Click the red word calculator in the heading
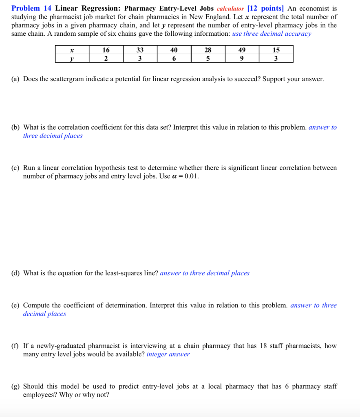pos(230,8)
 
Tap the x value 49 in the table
pos(242,50)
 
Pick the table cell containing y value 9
pos(242,58)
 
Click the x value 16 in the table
pos(106,50)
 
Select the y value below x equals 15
pos(276,58)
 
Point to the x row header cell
pos(72,50)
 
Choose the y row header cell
pos(72,58)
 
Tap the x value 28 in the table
pos(208,50)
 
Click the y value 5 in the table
pos(208,58)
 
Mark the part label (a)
pos(16,79)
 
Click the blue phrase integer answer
pos(168,354)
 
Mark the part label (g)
pos(16,386)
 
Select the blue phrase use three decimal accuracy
pos(272,34)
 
